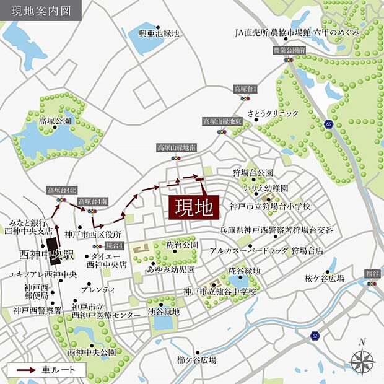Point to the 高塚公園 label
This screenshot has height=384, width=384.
(x=55, y=121)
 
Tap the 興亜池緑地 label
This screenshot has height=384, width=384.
(x=159, y=33)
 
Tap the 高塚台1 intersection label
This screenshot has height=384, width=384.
(x=245, y=89)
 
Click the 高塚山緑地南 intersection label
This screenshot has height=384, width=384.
(x=176, y=148)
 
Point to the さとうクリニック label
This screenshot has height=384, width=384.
(x=273, y=113)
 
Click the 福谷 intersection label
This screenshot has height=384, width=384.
(x=371, y=273)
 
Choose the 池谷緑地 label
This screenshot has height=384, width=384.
(x=164, y=312)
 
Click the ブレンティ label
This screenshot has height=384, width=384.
(x=102, y=290)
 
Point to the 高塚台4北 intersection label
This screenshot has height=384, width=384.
(x=60, y=190)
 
